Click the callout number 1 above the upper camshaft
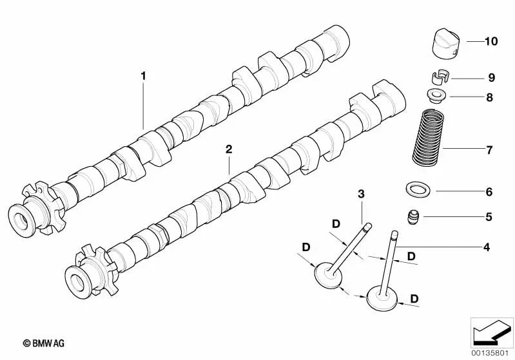pos(143,76)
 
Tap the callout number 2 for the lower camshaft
pos(229,149)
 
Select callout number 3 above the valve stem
pos(361,194)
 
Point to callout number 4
pos(487,247)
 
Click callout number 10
pos(491,41)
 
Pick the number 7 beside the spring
pos(489,150)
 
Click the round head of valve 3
pos(328,273)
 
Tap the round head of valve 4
pos(382,298)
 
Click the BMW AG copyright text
pos(44,343)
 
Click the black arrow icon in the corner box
pos(491,331)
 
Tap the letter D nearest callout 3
pos(336,224)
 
